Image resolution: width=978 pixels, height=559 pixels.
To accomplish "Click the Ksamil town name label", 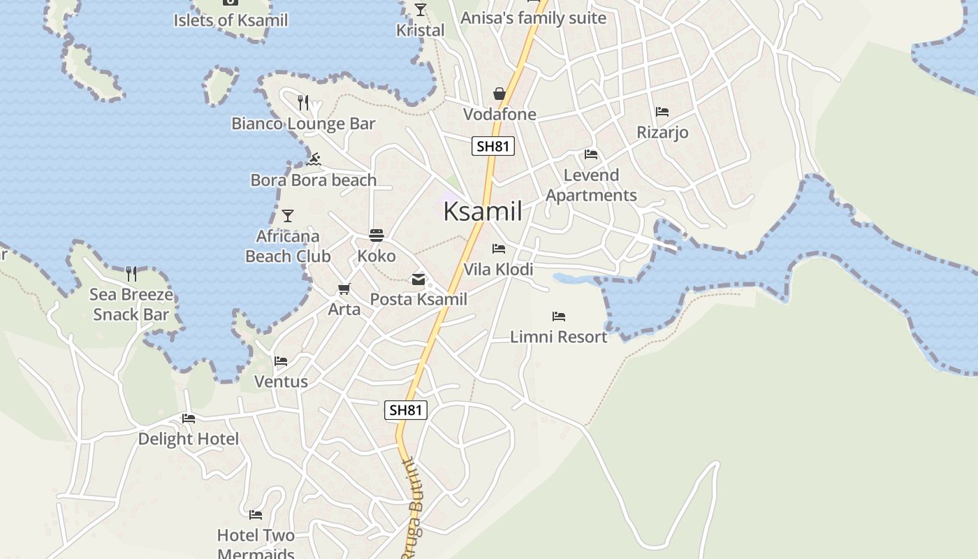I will (483, 211).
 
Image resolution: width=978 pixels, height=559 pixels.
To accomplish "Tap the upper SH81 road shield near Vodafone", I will (493, 146).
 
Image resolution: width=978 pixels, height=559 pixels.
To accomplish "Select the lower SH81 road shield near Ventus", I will (406, 410).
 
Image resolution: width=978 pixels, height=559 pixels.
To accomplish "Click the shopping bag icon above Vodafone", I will (499, 94).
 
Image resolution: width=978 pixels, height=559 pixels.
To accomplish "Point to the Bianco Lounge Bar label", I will (303, 124).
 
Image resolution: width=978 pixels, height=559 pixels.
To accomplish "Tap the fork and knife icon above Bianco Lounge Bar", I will (303, 103).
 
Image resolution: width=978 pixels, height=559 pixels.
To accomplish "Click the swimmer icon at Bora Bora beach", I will (314, 159).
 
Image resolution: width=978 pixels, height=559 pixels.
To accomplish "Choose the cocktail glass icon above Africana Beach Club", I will (288, 215).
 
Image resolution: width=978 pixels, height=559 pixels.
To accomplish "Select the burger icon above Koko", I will (377, 235).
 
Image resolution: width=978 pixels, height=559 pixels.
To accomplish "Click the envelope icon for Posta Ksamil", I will (418, 279).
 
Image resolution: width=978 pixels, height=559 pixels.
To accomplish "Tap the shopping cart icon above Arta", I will (344, 289).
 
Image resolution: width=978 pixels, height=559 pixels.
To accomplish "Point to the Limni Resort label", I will (559, 337).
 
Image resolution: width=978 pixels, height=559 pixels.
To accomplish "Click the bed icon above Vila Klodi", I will (499, 249).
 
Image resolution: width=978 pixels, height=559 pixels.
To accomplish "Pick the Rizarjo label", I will (662, 132).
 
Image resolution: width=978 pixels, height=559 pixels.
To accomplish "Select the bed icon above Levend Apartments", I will (591, 154).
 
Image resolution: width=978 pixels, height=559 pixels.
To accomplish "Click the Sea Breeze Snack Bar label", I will (131, 305).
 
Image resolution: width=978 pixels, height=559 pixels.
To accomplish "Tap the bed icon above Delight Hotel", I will (189, 419).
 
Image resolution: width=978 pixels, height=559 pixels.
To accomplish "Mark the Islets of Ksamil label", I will (231, 20).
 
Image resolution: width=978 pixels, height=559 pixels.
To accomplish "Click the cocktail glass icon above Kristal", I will (421, 10).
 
